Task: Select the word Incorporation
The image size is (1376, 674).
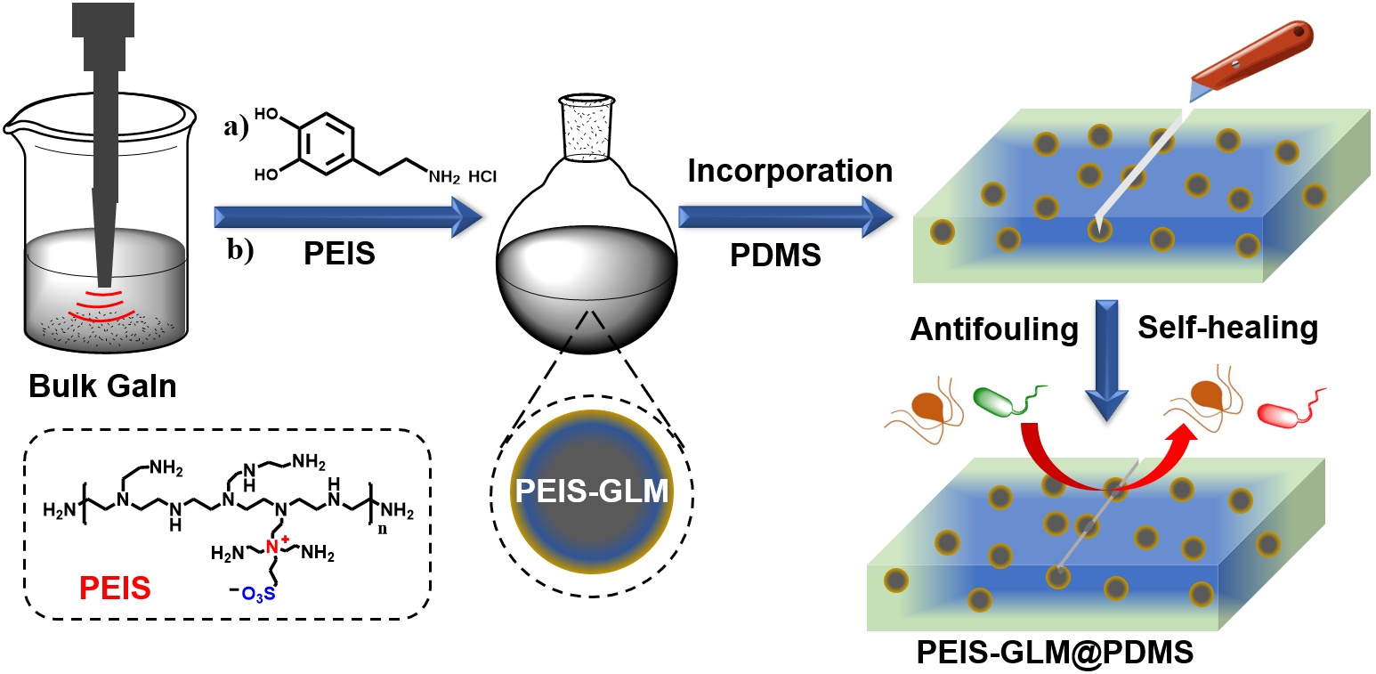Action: click(x=789, y=171)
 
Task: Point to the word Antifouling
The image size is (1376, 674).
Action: click(x=994, y=329)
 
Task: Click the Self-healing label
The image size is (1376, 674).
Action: click(x=1228, y=328)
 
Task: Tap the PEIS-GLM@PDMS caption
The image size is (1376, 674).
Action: click(x=1055, y=652)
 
